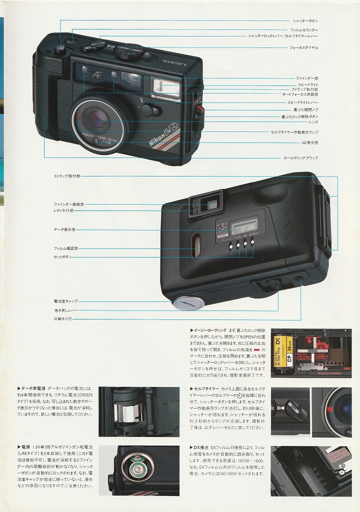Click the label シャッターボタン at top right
click(x=305, y=20)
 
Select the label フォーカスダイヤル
click(x=303, y=47)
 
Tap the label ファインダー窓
click(x=306, y=78)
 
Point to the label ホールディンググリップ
click(x=300, y=158)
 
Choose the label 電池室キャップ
click(x=65, y=301)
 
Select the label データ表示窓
click(x=65, y=229)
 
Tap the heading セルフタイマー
click(x=206, y=388)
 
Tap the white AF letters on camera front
click(x=97, y=75)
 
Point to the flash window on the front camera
click(x=165, y=89)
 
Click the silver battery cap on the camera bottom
click(x=187, y=302)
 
